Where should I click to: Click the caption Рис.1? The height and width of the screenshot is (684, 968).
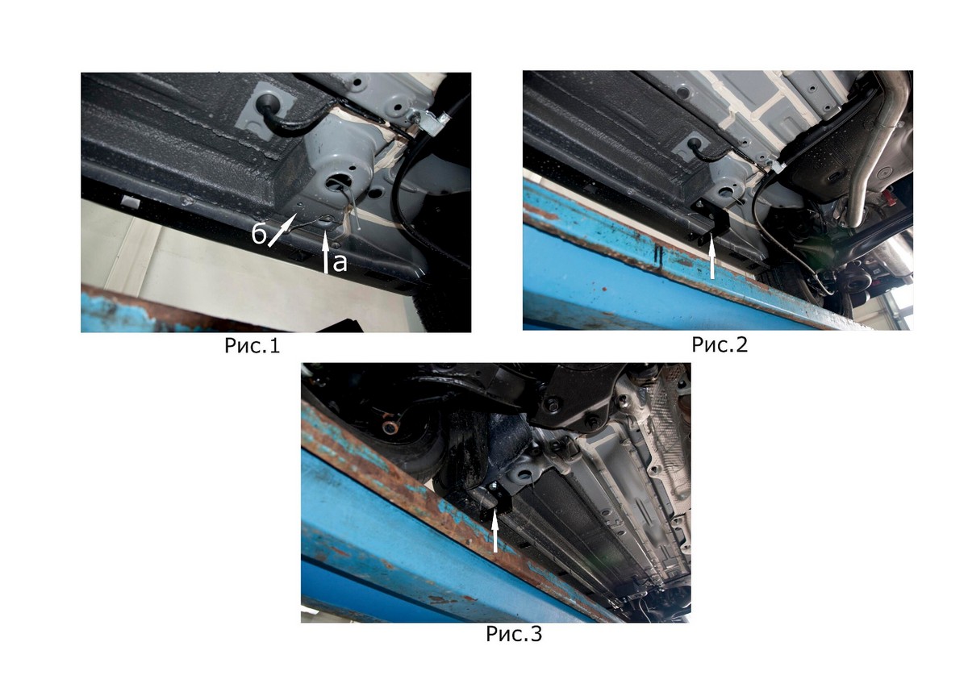[252, 346]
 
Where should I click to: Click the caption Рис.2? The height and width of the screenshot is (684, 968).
[720, 344]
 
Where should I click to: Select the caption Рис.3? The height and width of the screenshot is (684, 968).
[514, 634]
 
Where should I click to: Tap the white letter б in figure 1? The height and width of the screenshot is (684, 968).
[259, 234]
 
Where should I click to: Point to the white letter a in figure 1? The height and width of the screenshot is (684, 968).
[340, 263]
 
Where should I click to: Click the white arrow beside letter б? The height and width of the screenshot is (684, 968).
[282, 231]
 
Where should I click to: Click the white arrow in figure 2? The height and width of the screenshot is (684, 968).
[712, 259]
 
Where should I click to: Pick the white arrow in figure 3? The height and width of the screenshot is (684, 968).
[495, 535]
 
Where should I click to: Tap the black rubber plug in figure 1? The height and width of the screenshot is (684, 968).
[269, 102]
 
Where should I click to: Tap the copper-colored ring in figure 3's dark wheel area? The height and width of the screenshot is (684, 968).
[392, 427]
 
